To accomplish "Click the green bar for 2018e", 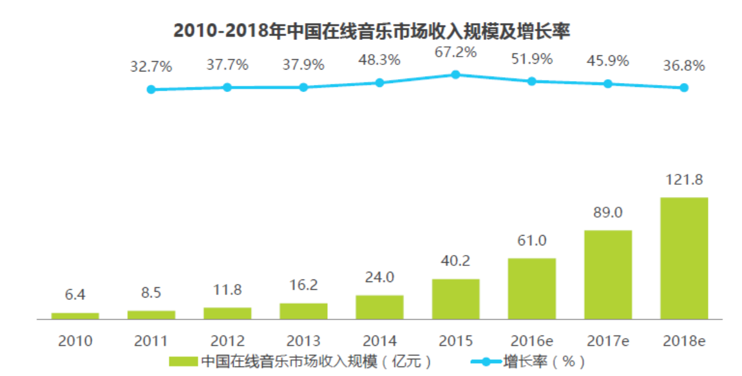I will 683,258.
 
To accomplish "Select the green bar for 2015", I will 455,299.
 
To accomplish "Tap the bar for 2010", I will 75,315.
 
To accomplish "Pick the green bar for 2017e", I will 607,274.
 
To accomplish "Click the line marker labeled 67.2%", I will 455,74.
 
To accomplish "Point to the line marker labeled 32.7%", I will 151,89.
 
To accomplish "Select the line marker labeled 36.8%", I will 683,88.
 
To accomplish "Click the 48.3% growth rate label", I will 379,60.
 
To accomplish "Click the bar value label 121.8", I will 683,181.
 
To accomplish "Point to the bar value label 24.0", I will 379,278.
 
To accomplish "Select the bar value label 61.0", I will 531,241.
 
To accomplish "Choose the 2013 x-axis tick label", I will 303,341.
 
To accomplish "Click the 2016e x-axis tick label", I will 531,341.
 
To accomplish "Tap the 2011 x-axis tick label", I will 151,341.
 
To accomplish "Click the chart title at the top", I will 372,30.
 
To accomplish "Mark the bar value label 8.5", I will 151,294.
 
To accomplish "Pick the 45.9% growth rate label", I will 607,61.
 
